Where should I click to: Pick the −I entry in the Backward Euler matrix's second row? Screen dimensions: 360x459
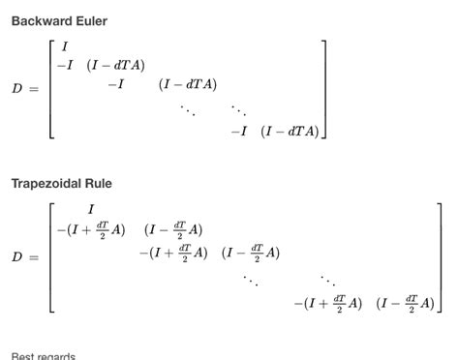pos(65,66)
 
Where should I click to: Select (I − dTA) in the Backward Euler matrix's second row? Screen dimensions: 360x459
pos(115,66)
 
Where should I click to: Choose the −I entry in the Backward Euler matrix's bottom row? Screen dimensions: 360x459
pos(238,132)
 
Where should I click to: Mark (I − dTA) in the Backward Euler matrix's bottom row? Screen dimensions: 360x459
pos(290,132)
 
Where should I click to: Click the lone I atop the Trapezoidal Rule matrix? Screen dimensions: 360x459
pos(91,210)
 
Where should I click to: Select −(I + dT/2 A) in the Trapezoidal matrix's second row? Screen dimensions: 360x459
pos(91,230)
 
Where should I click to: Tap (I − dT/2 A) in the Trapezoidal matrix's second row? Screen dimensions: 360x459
pos(173,230)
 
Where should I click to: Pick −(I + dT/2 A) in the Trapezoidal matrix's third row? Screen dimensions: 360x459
pos(173,254)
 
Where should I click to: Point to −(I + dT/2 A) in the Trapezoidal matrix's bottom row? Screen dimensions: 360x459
pos(327,303)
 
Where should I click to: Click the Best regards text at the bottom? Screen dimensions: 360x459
pos(44,355)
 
